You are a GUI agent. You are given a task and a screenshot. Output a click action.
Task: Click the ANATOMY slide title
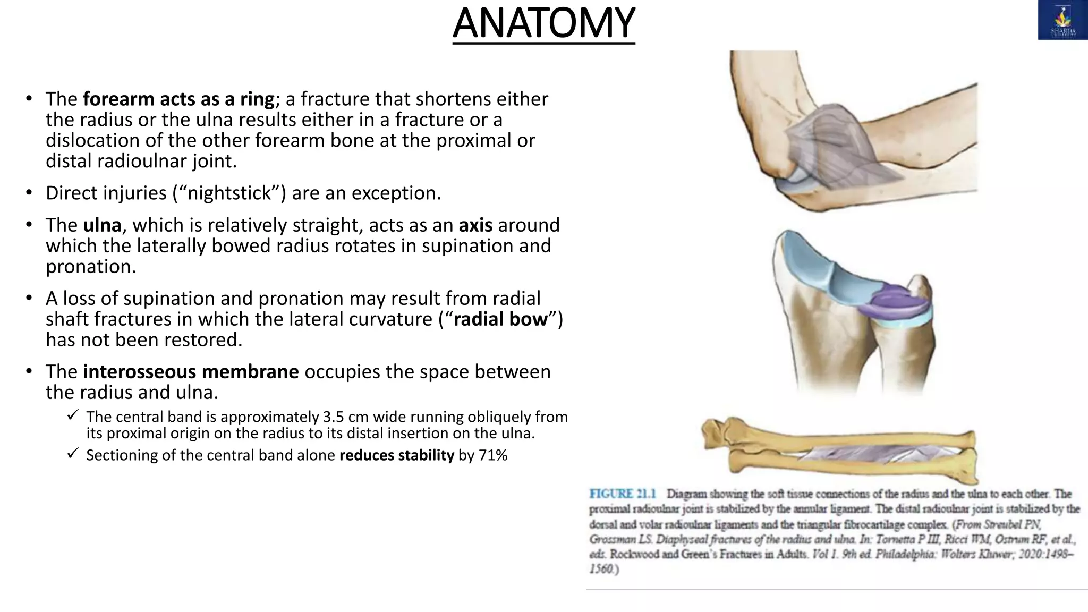click(543, 23)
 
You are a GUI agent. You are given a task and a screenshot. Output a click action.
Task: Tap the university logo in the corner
click(1062, 20)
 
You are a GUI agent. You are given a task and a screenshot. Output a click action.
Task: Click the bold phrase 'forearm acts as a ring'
click(178, 99)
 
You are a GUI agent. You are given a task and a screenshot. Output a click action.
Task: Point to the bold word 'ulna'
click(102, 225)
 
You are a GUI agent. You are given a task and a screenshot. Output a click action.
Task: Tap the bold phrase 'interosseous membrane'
click(191, 372)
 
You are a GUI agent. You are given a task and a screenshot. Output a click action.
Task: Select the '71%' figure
click(493, 455)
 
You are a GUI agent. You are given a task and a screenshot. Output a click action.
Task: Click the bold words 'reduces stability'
click(397, 455)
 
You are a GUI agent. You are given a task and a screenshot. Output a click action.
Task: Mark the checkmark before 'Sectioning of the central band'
click(73, 453)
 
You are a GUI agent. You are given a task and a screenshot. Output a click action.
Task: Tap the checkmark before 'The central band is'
click(73, 415)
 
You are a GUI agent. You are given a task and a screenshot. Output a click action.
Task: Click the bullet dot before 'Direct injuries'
click(29, 192)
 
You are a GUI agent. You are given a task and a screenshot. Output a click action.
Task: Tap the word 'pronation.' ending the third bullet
click(91, 267)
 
